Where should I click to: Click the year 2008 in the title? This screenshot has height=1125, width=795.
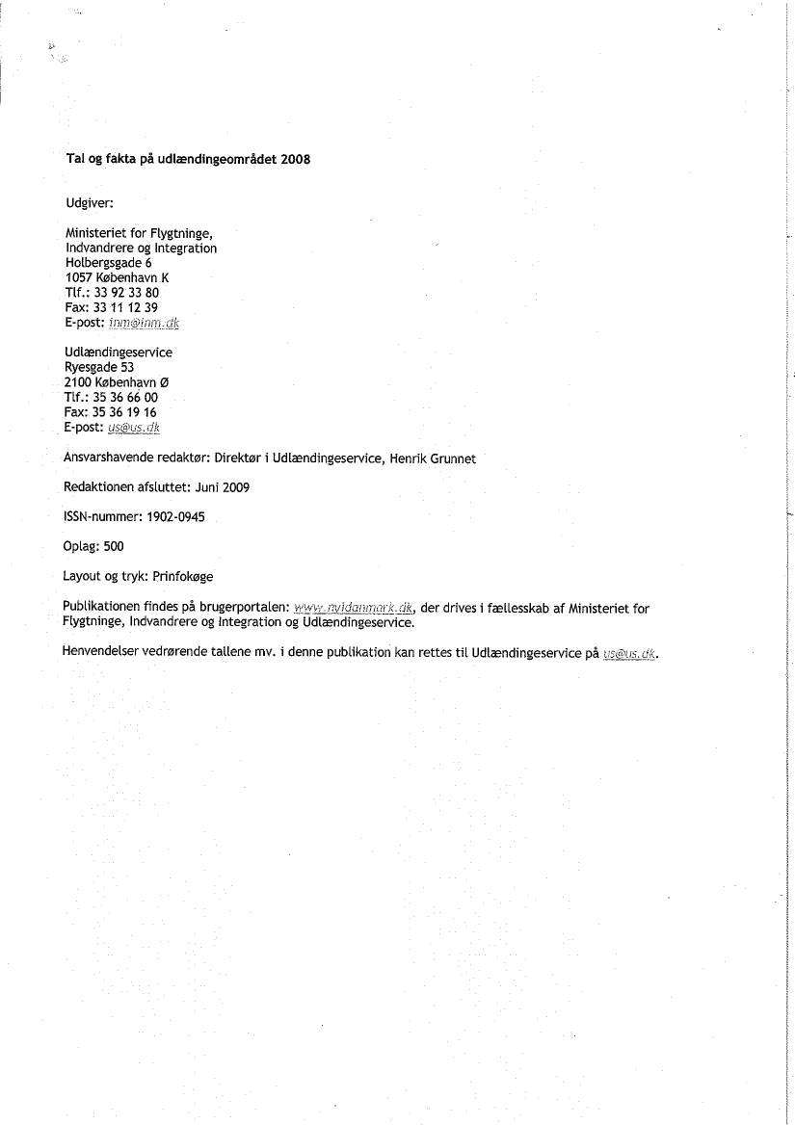pyautogui.click(x=295, y=160)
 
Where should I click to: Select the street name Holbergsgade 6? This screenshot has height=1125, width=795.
pyautogui.click(x=108, y=262)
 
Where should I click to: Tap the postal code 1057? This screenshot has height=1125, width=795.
pyautogui.click(x=79, y=277)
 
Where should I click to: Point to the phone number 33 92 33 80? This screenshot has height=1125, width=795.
pyautogui.click(x=126, y=293)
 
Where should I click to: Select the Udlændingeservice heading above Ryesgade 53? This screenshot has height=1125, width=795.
pyautogui.click(x=119, y=353)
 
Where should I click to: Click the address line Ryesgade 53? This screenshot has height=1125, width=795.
pyautogui.click(x=99, y=367)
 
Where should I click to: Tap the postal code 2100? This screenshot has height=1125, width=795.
pyautogui.click(x=79, y=382)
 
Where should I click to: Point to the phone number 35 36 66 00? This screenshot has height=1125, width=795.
pyautogui.click(x=126, y=397)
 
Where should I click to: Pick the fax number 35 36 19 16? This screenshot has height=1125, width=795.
pyautogui.click(x=126, y=412)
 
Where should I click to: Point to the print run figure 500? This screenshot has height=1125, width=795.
pyautogui.click(x=114, y=547)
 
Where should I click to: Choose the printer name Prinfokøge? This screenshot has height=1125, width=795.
pyautogui.click(x=183, y=577)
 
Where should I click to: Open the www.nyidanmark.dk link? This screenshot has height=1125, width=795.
pyautogui.click(x=354, y=608)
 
